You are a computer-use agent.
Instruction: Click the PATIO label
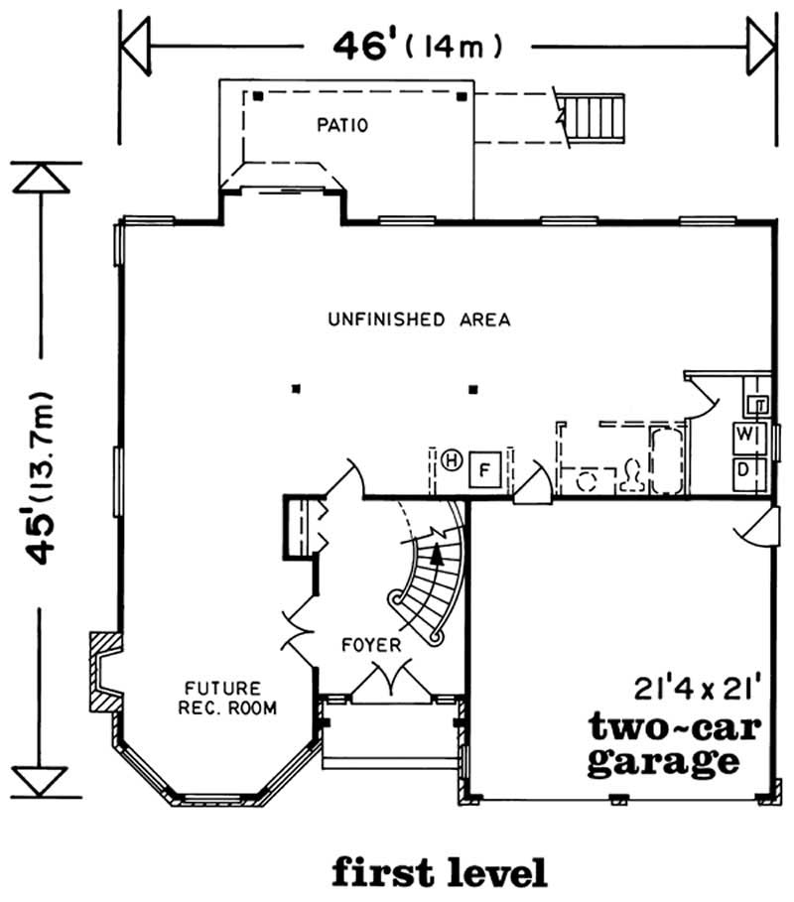click(x=342, y=126)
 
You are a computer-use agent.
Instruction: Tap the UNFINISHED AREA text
click(x=419, y=320)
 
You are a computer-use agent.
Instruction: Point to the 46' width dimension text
click(x=416, y=46)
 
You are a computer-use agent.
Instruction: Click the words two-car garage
click(x=674, y=744)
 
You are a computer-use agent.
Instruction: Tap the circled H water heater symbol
click(x=452, y=459)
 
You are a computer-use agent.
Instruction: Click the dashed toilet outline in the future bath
click(x=631, y=478)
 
